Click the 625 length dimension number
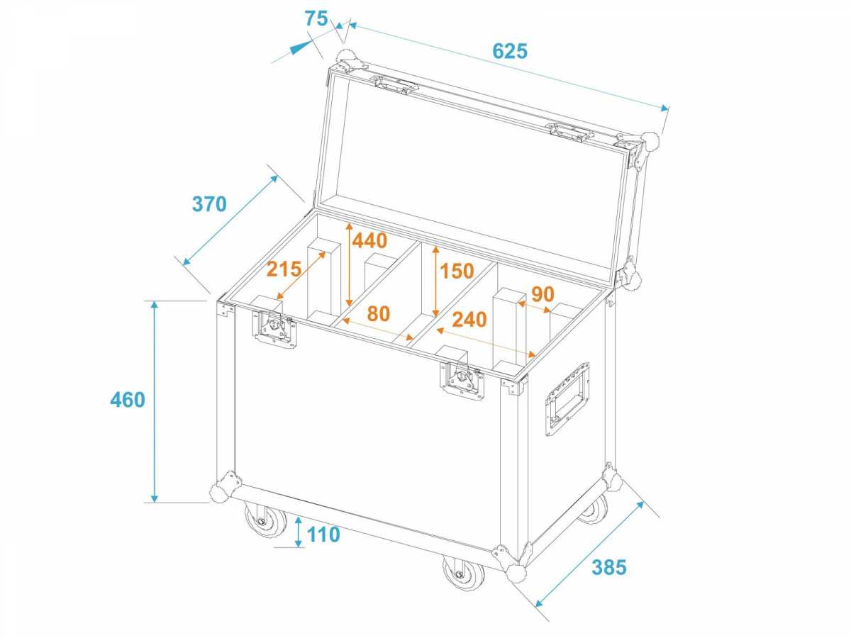[510, 51]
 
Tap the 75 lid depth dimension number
[316, 18]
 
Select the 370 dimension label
[209, 204]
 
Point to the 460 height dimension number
[128, 400]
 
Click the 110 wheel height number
[323, 535]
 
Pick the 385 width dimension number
[609, 568]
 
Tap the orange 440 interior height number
[369, 240]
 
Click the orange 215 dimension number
[284, 269]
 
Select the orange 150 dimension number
[457, 271]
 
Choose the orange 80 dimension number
[379, 313]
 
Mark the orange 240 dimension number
[469, 320]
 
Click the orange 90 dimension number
[543, 294]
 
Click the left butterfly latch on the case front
[274, 328]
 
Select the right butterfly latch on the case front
[462, 380]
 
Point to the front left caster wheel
[265, 519]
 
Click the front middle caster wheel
[464, 573]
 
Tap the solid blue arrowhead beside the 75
[301, 47]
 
